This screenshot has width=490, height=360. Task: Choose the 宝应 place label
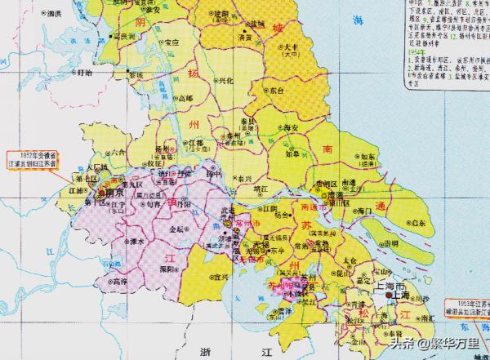click(171, 42)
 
